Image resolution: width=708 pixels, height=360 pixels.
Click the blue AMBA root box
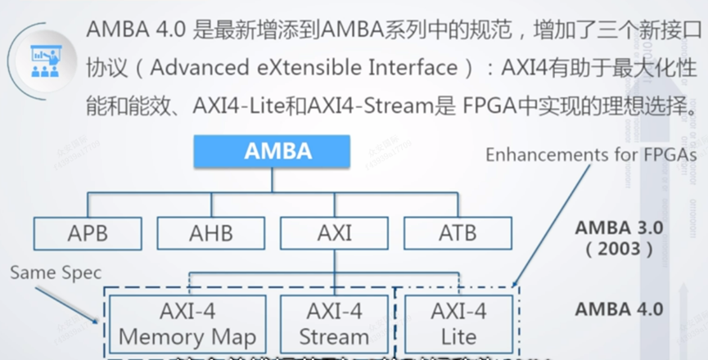(x=278, y=151)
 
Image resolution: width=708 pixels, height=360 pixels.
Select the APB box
(x=88, y=233)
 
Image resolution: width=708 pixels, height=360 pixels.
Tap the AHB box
(x=210, y=233)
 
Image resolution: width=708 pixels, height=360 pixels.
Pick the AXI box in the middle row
(x=334, y=233)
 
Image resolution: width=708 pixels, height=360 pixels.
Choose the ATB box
(x=458, y=233)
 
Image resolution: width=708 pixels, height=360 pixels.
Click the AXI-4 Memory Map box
(x=187, y=323)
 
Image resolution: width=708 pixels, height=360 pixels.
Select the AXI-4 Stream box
(x=334, y=323)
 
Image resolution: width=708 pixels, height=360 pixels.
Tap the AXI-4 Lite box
(x=458, y=323)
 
